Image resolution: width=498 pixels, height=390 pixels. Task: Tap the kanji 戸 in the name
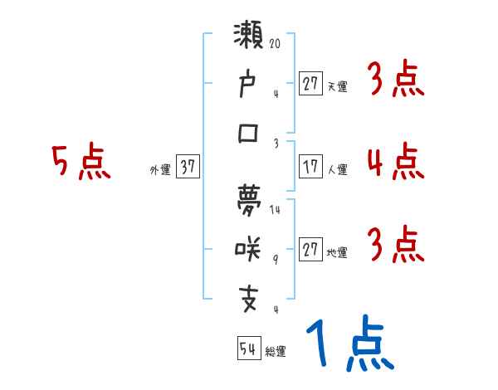pyautogui.click(x=249, y=85)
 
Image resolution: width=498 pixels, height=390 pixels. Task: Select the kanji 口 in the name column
pyautogui.click(x=249, y=133)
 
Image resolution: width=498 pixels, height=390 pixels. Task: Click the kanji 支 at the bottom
pyautogui.click(x=249, y=296)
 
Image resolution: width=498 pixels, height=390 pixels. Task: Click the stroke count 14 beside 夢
pyautogui.click(x=276, y=210)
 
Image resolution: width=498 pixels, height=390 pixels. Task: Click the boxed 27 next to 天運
pyautogui.click(x=310, y=83)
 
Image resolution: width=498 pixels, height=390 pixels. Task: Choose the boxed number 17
pyautogui.click(x=310, y=166)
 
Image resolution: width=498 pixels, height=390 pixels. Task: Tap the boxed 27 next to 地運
pyautogui.click(x=310, y=249)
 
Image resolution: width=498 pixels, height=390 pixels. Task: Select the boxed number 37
pyautogui.click(x=188, y=166)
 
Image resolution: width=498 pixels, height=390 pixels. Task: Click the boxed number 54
pyautogui.click(x=247, y=348)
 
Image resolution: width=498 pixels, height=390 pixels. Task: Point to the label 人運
pyautogui.click(x=337, y=169)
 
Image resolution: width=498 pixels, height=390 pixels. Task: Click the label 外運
pyautogui.click(x=160, y=169)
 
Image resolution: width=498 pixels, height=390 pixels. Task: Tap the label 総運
pyautogui.click(x=275, y=352)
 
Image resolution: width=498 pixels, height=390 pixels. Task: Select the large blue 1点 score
pyautogui.click(x=349, y=344)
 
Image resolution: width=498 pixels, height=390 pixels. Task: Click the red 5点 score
pyautogui.click(x=81, y=162)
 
